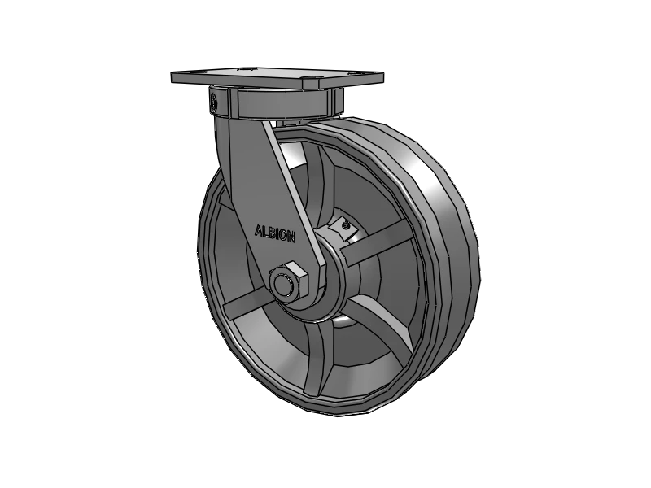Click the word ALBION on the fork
coord(277,232)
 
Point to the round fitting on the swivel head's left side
coord(213,102)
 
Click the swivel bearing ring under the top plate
coord(277,103)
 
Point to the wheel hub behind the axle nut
coord(325,268)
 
